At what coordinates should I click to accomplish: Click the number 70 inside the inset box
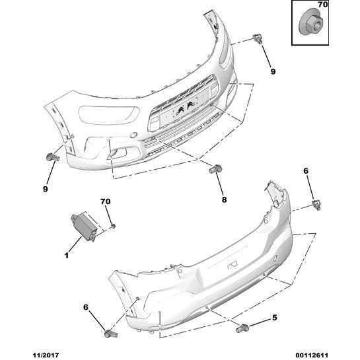tap(322, 5)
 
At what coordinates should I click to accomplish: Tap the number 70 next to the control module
tap(106, 201)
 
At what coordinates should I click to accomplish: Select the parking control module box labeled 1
tap(83, 226)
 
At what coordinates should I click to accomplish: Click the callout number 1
tap(67, 255)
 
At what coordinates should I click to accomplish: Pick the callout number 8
tap(224, 199)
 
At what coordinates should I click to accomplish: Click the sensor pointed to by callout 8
tap(215, 169)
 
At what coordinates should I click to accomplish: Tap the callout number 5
tap(275, 318)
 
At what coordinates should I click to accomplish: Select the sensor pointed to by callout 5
tap(242, 328)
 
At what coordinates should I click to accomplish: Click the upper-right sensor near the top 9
tap(258, 38)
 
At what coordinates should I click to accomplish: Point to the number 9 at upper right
tap(273, 71)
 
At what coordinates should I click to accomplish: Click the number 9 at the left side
tap(46, 189)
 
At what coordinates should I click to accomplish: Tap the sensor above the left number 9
tap(53, 157)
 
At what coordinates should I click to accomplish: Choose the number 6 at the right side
tap(306, 171)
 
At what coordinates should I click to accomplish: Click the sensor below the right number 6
tap(316, 205)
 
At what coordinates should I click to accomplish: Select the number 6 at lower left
tap(86, 307)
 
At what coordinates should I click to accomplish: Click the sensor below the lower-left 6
tap(111, 334)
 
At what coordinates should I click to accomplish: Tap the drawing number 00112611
tap(312, 355)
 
